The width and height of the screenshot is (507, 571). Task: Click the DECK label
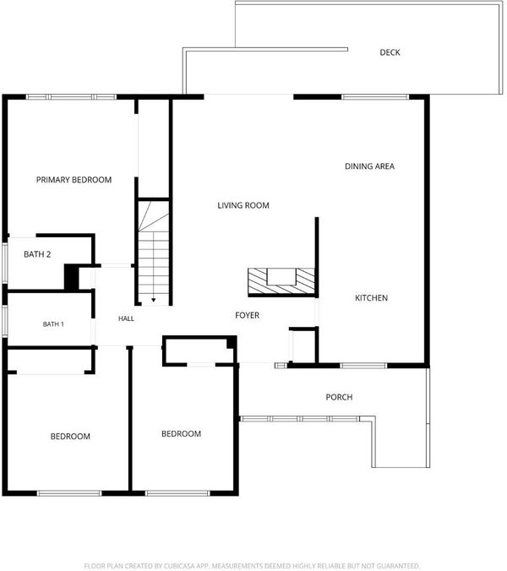(x=390, y=52)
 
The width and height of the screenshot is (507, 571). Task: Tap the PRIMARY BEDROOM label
(x=74, y=180)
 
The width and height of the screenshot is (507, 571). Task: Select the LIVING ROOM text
(x=243, y=205)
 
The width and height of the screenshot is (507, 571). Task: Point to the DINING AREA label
(x=370, y=166)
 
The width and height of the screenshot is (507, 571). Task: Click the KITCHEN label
(x=371, y=298)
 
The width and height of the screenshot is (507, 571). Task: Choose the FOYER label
(x=248, y=315)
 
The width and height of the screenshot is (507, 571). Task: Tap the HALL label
(x=126, y=318)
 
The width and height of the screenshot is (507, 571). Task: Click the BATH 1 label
(x=53, y=324)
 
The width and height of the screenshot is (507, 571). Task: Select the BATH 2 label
(x=37, y=254)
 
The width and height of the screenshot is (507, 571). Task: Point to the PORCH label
(x=339, y=397)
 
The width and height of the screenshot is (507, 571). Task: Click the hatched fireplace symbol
(x=281, y=281)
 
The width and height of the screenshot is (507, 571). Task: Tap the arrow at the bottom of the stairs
(x=154, y=300)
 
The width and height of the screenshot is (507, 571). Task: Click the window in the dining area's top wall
(x=375, y=97)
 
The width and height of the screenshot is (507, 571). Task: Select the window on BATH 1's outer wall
(x=4, y=321)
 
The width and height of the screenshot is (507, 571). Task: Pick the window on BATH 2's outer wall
(x=4, y=262)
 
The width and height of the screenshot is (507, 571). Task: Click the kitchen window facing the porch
(x=363, y=365)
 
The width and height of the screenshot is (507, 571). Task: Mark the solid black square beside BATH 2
(x=71, y=277)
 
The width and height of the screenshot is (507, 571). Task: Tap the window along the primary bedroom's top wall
(x=71, y=97)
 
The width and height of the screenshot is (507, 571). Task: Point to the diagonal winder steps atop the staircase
(x=153, y=216)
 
